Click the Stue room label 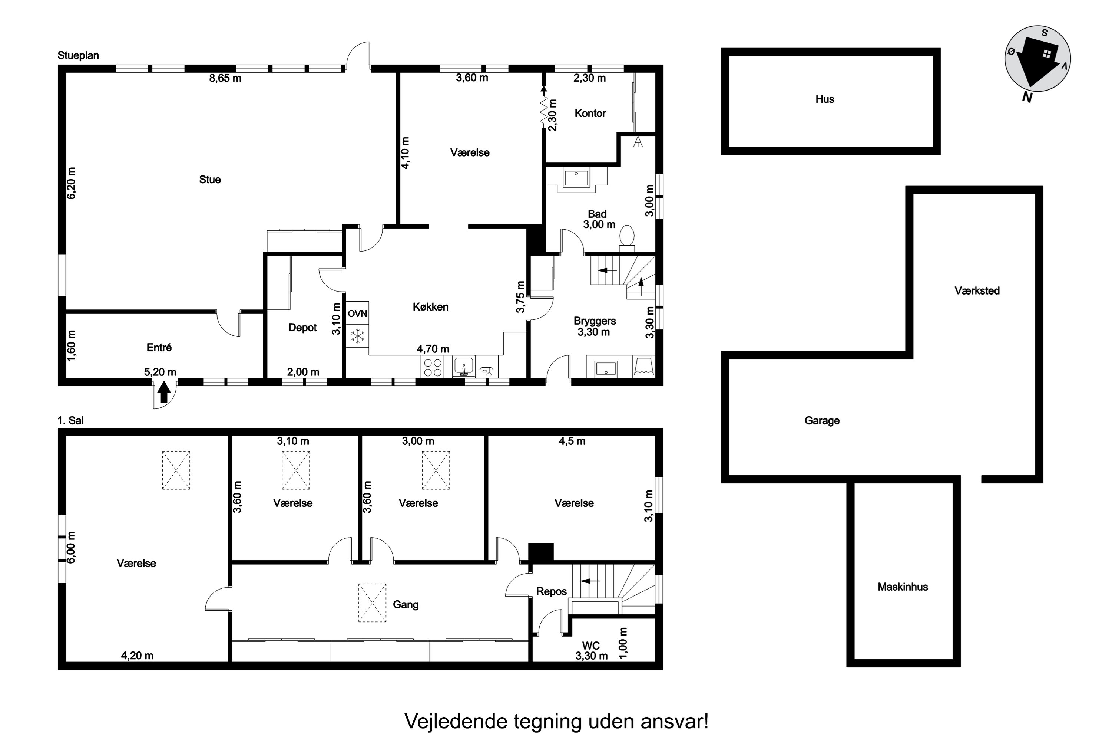click(209, 179)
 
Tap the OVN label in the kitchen click(357, 314)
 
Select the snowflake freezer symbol click(357, 336)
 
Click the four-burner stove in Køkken click(432, 367)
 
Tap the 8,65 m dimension click(225, 78)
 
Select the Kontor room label click(590, 113)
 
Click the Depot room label click(302, 328)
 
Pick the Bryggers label click(594, 321)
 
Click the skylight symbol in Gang click(372, 603)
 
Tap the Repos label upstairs click(551, 591)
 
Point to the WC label click(590, 646)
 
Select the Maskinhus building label click(903, 587)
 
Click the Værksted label click(977, 290)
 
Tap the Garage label click(822, 420)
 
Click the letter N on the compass click(1026, 98)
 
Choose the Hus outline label click(824, 99)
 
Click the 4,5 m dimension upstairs click(572, 441)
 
